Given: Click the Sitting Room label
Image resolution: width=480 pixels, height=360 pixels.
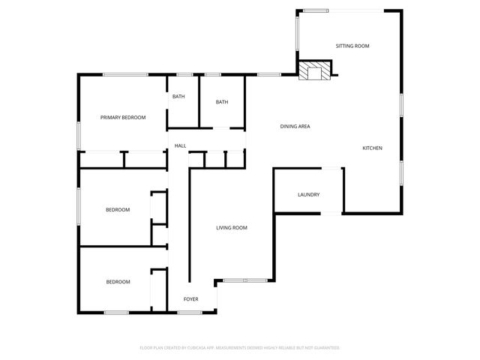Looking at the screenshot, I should pyautogui.click(x=352, y=46).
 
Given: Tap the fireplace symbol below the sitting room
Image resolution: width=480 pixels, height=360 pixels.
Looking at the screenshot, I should pyautogui.click(x=313, y=70).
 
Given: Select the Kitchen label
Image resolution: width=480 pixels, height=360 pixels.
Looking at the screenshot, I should pyautogui.click(x=373, y=148).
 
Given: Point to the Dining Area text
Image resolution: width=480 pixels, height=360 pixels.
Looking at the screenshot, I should pyautogui.click(x=295, y=126).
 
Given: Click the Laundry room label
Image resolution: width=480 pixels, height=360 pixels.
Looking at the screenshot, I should pyautogui.click(x=308, y=195).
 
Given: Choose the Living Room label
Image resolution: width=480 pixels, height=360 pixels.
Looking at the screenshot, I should pyautogui.click(x=232, y=227).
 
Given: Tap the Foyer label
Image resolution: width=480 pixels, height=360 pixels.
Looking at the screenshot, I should pyautogui.click(x=191, y=299).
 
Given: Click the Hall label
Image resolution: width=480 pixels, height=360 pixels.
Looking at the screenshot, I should pyautogui.click(x=180, y=145).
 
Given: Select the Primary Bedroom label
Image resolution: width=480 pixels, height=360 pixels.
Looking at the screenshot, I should pyautogui.click(x=123, y=117).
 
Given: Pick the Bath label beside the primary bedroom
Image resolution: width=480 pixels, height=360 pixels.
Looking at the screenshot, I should pyautogui.click(x=178, y=97).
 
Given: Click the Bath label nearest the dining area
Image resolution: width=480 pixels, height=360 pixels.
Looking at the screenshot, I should pyautogui.click(x=222, y=102).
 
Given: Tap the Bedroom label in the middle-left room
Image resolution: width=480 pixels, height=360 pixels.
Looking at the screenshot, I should pyautogui.click(x=118, y=210).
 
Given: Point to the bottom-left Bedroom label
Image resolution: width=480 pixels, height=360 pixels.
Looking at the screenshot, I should pyautogui.click(x=118, y=282).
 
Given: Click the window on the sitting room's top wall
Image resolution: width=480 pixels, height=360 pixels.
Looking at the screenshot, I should pyautogui.click(x=316, y=10).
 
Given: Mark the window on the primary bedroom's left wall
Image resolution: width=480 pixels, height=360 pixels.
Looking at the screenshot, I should pyautogui.click(x=79, y=134).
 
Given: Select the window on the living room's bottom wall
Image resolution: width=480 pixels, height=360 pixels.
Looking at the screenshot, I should pyautogui.click(x=244, y=280).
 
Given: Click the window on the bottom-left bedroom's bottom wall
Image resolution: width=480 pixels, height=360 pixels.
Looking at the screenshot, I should pyautogui.click(x=116, y=312).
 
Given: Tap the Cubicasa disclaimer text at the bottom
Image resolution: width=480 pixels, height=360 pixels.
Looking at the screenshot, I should pyautogui.click(x=240, y=348).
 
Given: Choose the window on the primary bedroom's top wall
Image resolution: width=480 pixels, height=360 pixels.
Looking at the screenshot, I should pyautogui.click(x=124, y=73).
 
